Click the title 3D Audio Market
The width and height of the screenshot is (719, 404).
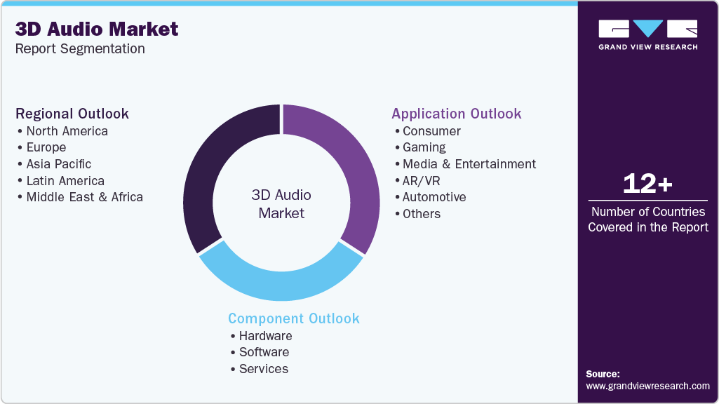97,29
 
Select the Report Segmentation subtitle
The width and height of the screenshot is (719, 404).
80,49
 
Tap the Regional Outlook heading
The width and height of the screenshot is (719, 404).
72,114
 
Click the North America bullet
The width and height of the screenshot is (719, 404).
67,131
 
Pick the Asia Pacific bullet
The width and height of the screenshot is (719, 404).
58,164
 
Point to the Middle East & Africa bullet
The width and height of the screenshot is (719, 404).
84,197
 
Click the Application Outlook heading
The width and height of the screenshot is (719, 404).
457,114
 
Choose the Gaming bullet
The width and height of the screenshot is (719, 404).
424,147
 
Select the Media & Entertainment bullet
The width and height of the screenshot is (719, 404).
469,164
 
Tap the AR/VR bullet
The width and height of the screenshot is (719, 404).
421,181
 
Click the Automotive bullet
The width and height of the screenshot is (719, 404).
434,197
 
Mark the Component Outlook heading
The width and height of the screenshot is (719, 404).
294,318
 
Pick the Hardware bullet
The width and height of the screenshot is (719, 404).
265,336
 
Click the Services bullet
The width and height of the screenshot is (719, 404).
263,369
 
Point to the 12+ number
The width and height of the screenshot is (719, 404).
647,184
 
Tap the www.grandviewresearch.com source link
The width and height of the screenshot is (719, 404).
647,386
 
